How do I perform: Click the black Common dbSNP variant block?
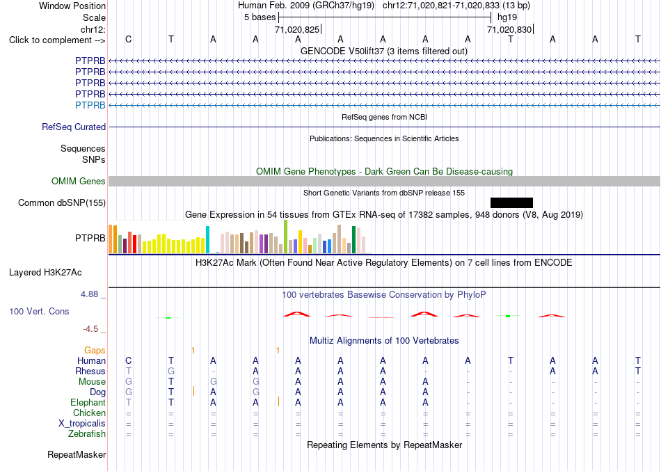click(x=512, y=203)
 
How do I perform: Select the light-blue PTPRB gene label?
click(x=90, y=106)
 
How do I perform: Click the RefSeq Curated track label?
click(x=74, y=127)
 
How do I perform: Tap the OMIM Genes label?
click(x=79, y=182)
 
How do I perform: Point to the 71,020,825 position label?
click(x=297, y=29)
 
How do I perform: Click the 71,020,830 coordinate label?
click(x=509, y=29)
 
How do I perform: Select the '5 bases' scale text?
click(x=260, y=17)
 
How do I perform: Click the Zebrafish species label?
click(x=87, y=434)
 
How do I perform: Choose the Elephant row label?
click(x=88, y=403)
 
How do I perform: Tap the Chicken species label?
click(x=89, y=413)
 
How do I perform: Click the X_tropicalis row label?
click(x=82, y=424)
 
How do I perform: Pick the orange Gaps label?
click(x=95, y=351)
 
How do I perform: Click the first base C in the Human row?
click(x=129, y=361)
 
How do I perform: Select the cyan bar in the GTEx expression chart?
click(x=207, y=239)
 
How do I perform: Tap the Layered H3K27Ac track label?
click(x=45, y=273)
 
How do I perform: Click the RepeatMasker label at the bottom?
click(x=77, y=454)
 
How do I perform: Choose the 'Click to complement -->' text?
click(x=57, y=40)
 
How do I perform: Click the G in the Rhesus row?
click(x=170, y=372)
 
